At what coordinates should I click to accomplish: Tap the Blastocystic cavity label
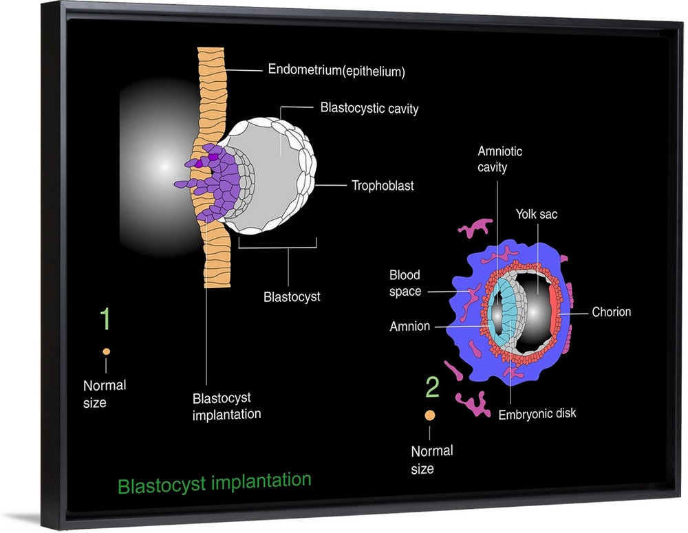point(369,109)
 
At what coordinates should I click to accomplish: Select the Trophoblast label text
point(383,186)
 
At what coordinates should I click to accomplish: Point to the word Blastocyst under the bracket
point(292,298)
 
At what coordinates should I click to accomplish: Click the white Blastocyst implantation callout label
point(226,406)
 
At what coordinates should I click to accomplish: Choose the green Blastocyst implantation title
point(214,482)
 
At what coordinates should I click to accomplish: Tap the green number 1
point(105,319)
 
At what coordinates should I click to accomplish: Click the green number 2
point(432,389)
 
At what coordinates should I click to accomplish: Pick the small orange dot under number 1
point(106,351)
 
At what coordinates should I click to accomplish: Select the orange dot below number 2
point(430,415)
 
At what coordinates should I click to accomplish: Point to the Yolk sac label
point(537,215)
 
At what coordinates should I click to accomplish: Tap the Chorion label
point(611,312)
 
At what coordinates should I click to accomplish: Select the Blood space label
point(405,283)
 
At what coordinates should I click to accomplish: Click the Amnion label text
point(409,327)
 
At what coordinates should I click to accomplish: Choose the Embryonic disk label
point(537,413)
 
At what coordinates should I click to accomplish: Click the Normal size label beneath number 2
point(431,459)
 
